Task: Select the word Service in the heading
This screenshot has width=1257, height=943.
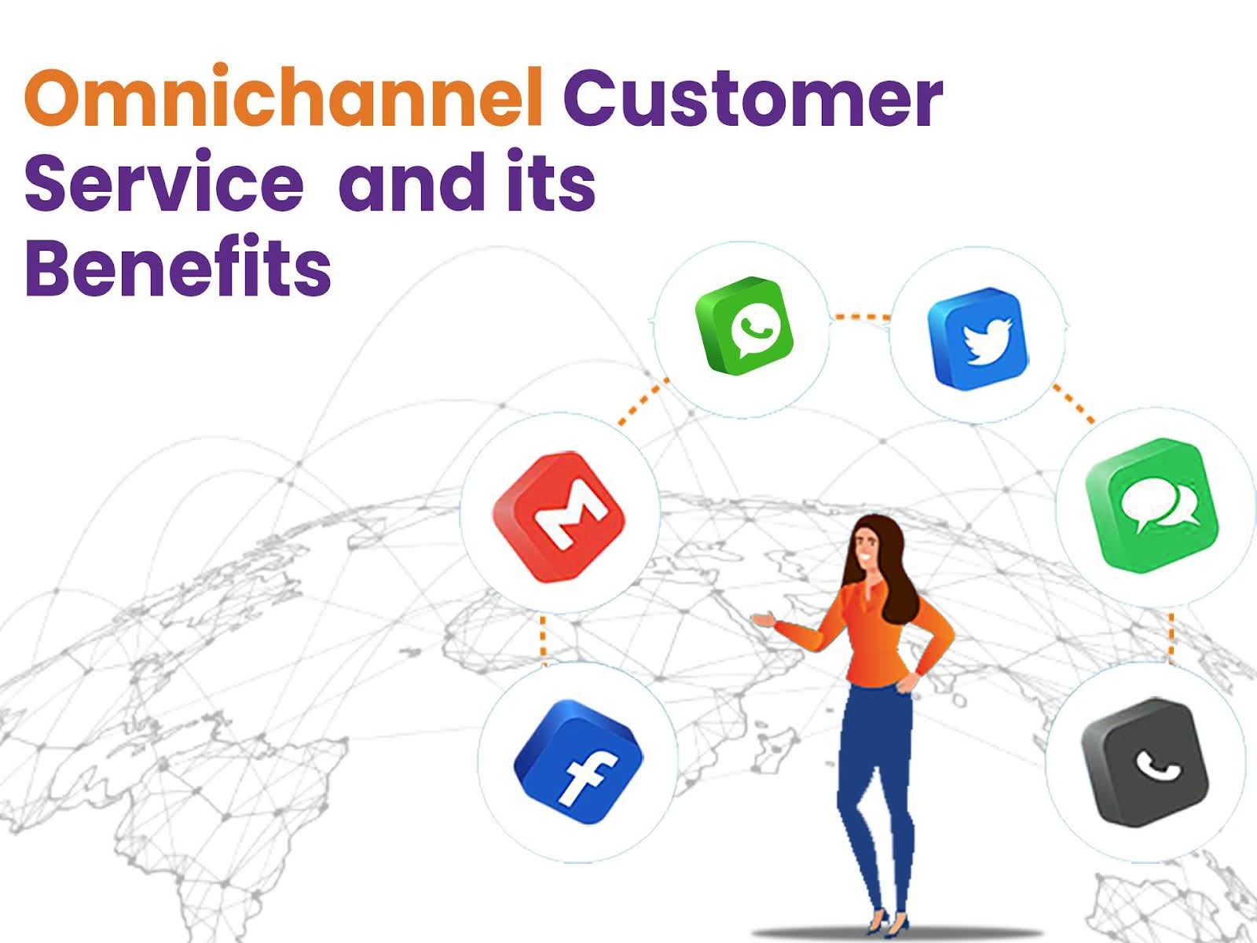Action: pos(163,182)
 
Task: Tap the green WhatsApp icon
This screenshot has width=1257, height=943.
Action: pos(744,325)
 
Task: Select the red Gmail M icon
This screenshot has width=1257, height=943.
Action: pos(559,516)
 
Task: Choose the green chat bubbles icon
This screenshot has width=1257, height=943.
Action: pos(1152,504)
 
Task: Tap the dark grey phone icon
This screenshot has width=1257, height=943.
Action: pos(1145,761)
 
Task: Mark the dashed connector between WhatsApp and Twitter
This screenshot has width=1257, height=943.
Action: pos(860,317)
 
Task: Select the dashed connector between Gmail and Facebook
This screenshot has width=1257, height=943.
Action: pos(542,637)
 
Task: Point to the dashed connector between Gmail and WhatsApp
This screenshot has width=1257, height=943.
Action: pos(643,402)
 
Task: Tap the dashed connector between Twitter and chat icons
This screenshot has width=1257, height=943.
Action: pos(1073,403)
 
